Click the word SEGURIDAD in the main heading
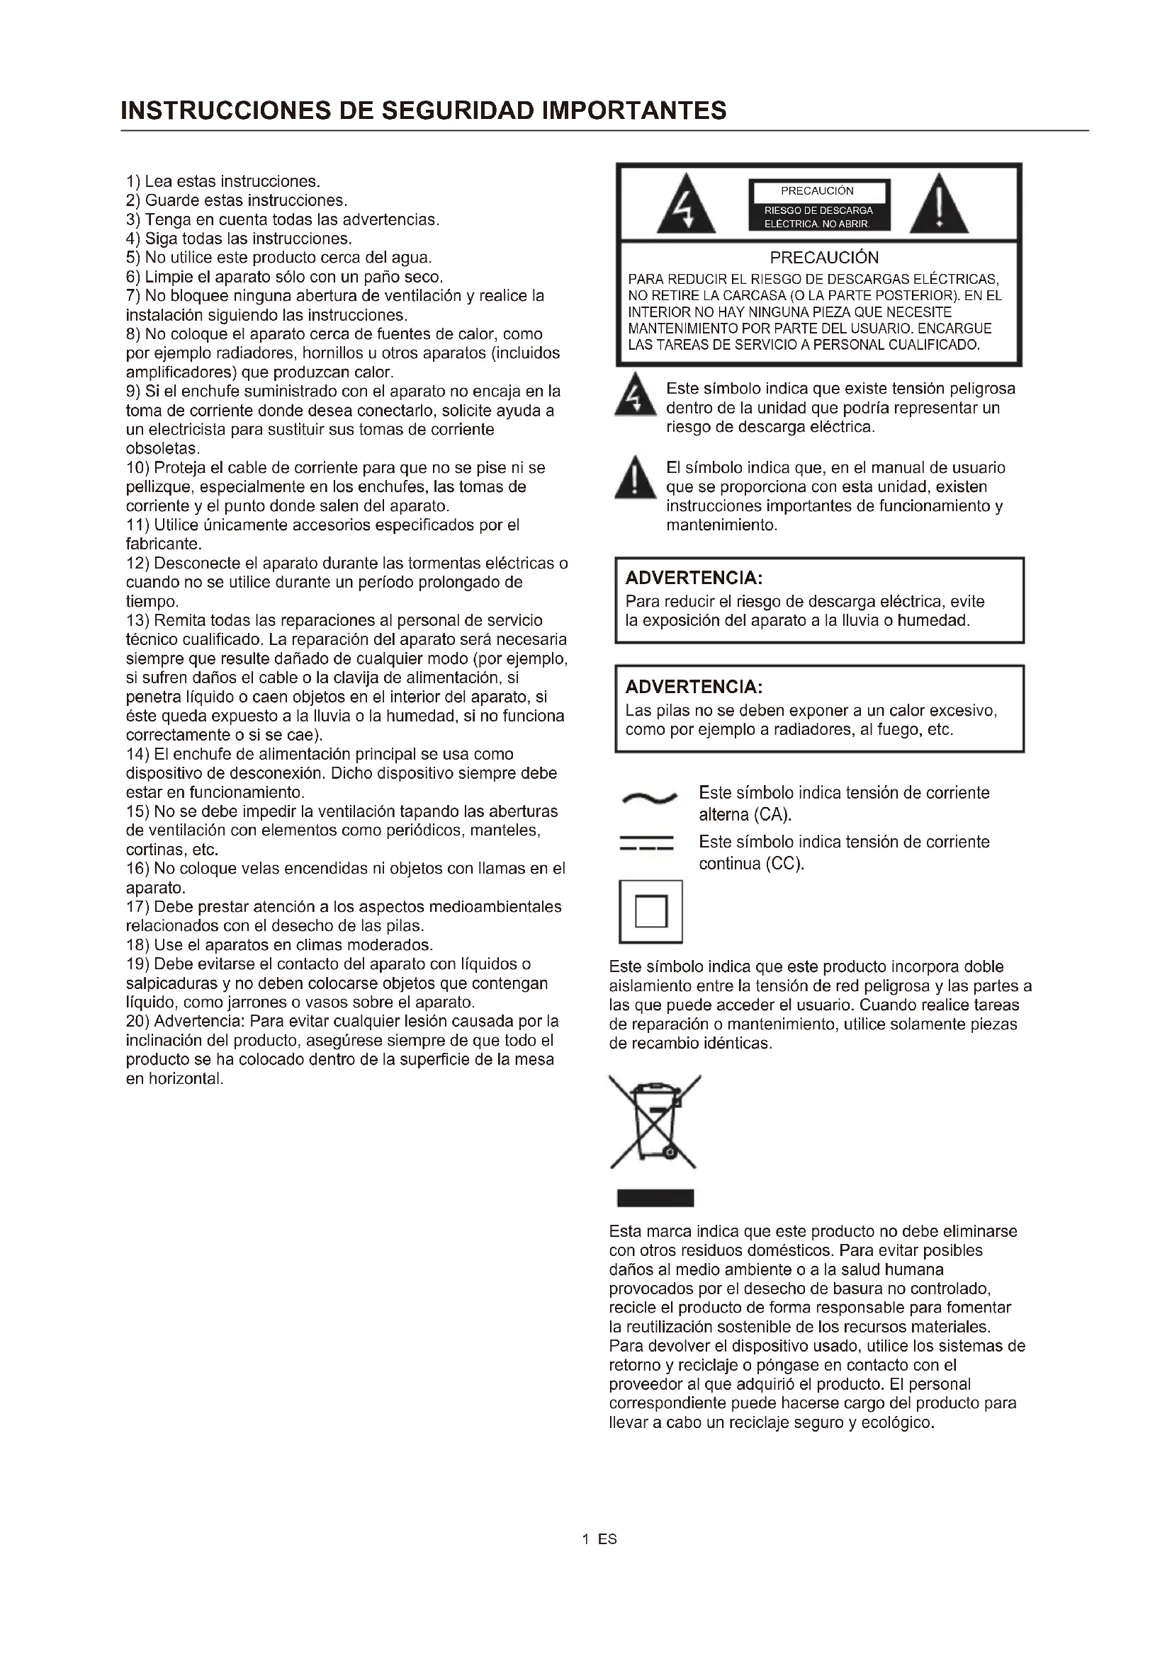tap(457, 110)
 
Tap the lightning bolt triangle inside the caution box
tap(686, 206)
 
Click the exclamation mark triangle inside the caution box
tap(938, 206)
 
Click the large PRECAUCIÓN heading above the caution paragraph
tap(823, 258)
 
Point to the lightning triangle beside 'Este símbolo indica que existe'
tap(634, 396)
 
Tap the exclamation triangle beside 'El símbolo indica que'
tap(634, 478)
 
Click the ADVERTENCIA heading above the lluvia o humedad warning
tap(694, 578)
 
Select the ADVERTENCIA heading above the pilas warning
tap(694, 687)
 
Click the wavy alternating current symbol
tap(649, 798)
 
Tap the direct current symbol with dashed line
tap(647, 843)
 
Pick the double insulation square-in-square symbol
tap(650, 911)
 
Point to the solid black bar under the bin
tap(655, 1198)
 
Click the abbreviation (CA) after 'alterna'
tap(773, 815)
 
